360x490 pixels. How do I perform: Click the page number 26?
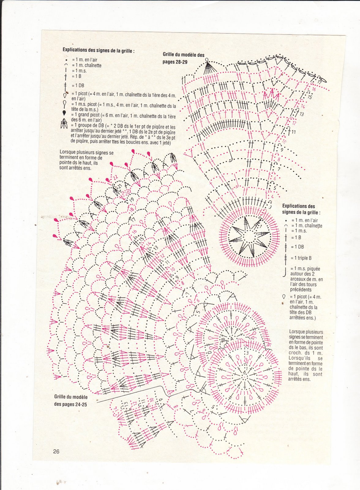pos(56,451)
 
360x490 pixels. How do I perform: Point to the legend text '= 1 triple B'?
pos(301,258)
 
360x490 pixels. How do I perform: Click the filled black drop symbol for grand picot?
pos(64,113)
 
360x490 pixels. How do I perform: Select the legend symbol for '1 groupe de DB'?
pos(64,123)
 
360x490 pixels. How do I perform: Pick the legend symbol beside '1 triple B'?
pos(285,258)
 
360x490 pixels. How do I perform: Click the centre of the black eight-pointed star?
pos(249,237)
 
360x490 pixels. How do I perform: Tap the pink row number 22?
pos(115,177)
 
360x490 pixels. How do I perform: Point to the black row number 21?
pos(120,186)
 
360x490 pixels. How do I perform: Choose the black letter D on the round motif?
pos(210,352)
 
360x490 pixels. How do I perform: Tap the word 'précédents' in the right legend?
pos(301,290)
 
